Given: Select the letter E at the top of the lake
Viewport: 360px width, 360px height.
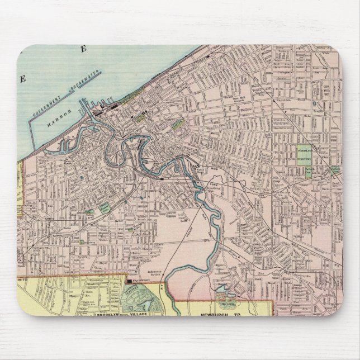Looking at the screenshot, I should (84, 50).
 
